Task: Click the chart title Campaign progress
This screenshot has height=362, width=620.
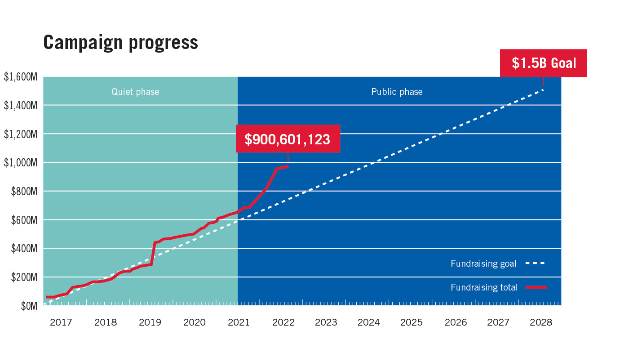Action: [x=120, y=42]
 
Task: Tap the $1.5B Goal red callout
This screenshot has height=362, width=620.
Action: [x=544, y=63]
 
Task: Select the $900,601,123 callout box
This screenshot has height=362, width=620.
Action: [x=288, y=139]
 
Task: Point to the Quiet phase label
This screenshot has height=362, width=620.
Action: [x=135, y=92]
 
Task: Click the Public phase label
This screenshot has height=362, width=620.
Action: [x=397, y=92]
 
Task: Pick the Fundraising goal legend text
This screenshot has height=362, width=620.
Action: [x=483, y=264]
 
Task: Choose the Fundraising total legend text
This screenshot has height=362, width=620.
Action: [x=484, y=287]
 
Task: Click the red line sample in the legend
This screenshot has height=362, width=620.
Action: [x=536, y=287]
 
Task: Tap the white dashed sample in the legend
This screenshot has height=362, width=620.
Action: [x=535, y=263]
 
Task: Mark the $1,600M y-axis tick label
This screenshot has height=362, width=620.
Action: [x=20, y=77]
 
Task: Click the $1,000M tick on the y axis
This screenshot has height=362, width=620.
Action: [x=20, y=163]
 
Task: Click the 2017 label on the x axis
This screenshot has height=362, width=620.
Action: [x=61, y=322]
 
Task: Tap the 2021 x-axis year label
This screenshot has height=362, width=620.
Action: [x=239, y=322]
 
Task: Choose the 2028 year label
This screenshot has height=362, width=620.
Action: [x=541, y=322]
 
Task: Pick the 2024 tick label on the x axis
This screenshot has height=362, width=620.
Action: [x=368, y=322]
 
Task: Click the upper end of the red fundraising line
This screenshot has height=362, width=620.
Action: [x=287, y=166]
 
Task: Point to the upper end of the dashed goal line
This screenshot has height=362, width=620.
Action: [x=543, y=90]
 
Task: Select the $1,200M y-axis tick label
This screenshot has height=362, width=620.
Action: [x=20, y=134]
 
